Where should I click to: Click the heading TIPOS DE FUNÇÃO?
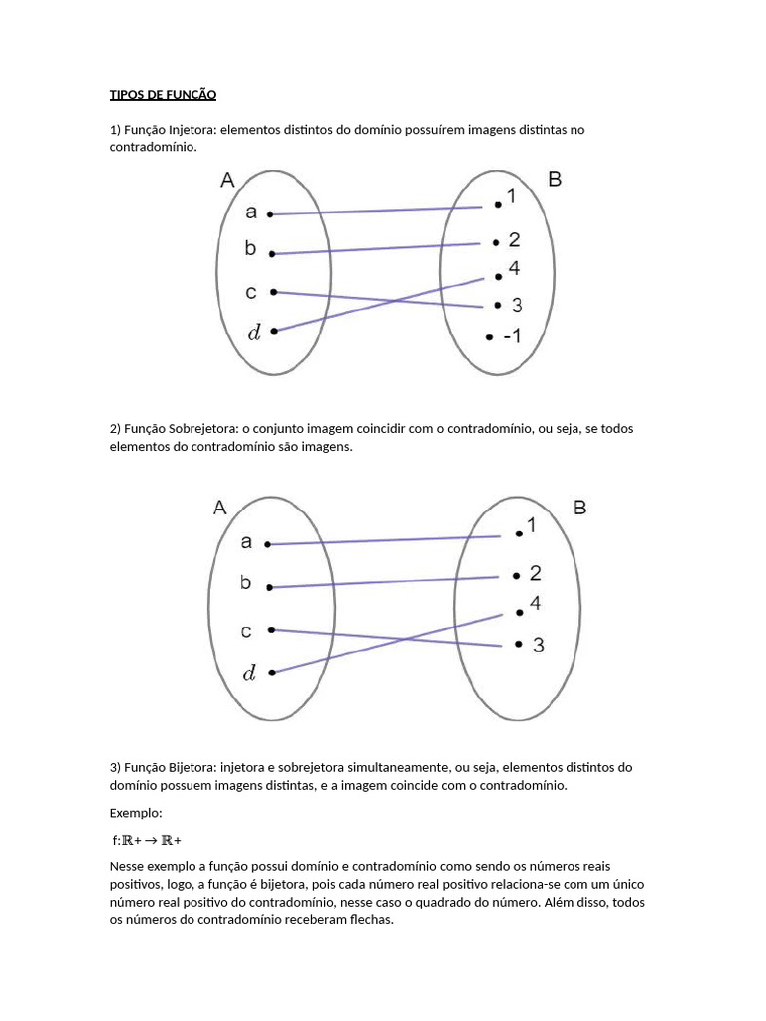point(163,95)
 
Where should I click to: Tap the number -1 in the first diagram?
point(510,337)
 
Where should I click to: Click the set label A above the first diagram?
point(227,180)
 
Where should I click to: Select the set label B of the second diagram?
point(580,508)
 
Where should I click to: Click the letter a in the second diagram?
point(246,542)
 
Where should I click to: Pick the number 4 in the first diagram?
point(513,269)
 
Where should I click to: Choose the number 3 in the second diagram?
point(539,645)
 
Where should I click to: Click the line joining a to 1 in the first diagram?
point(384,210)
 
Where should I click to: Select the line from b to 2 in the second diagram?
point(384,582)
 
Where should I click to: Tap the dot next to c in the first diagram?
point(272,292)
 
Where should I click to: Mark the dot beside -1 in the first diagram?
point(488,337)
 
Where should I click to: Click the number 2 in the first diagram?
point(514,240)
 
